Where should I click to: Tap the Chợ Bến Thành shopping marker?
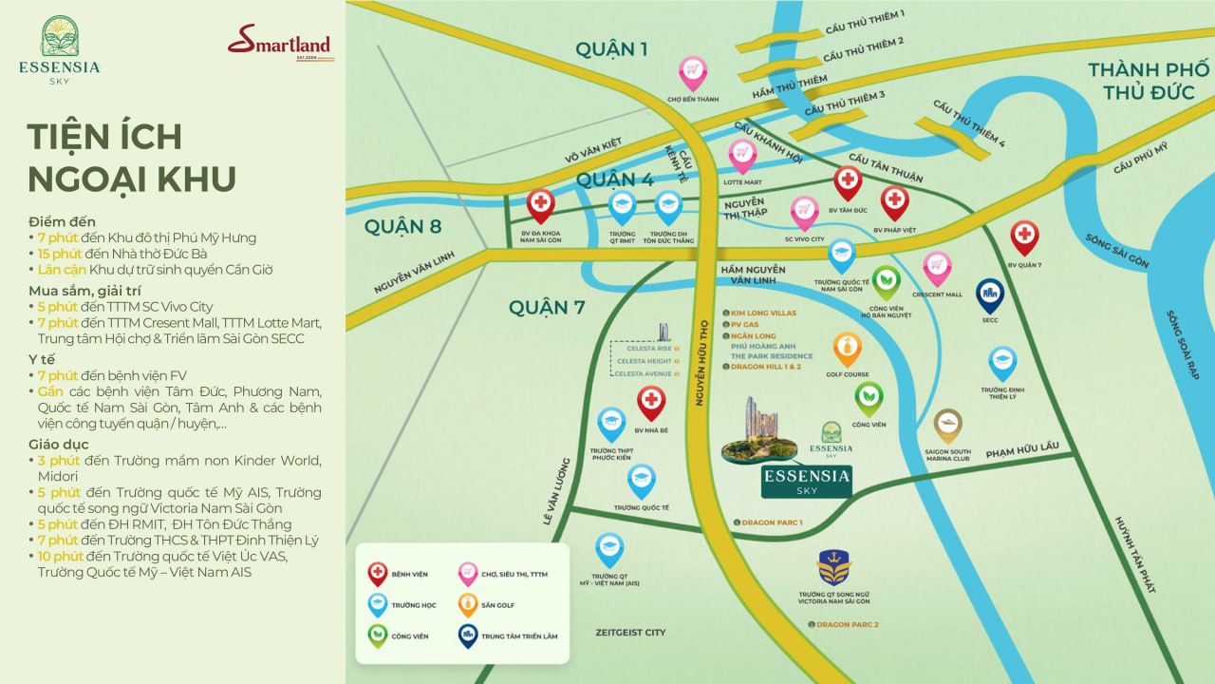(693, 72)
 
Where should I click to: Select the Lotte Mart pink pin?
(742, 155)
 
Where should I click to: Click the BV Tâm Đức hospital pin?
(848, 181)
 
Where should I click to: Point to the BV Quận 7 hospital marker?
(1024, 237)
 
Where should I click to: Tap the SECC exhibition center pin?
(990, 294)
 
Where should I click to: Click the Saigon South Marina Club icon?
(947, 425)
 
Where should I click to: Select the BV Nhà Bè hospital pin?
(651, 402)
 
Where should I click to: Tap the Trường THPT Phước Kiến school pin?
(611, 424)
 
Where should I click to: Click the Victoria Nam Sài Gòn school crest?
(833, 567)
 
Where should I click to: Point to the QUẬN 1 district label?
(611, 49)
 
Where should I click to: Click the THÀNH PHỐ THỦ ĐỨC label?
(1149, 81)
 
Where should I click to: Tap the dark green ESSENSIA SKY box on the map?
(806, 481)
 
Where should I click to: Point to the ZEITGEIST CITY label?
(630, 632)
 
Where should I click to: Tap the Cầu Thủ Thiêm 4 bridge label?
(968, 124)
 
